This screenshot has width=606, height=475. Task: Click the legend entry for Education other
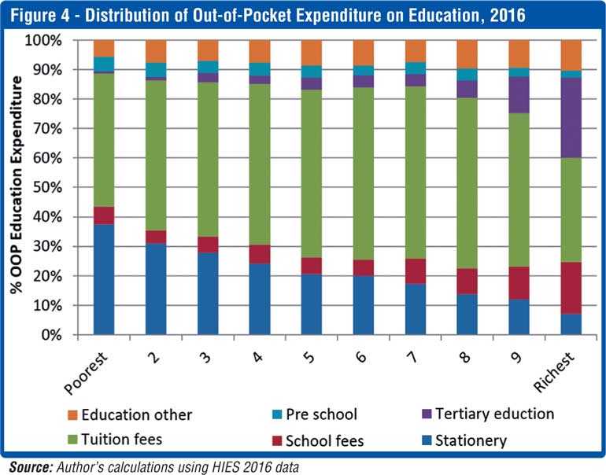(x=139, y=414)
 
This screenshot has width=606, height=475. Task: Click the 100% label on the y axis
(x=61, y=39)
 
